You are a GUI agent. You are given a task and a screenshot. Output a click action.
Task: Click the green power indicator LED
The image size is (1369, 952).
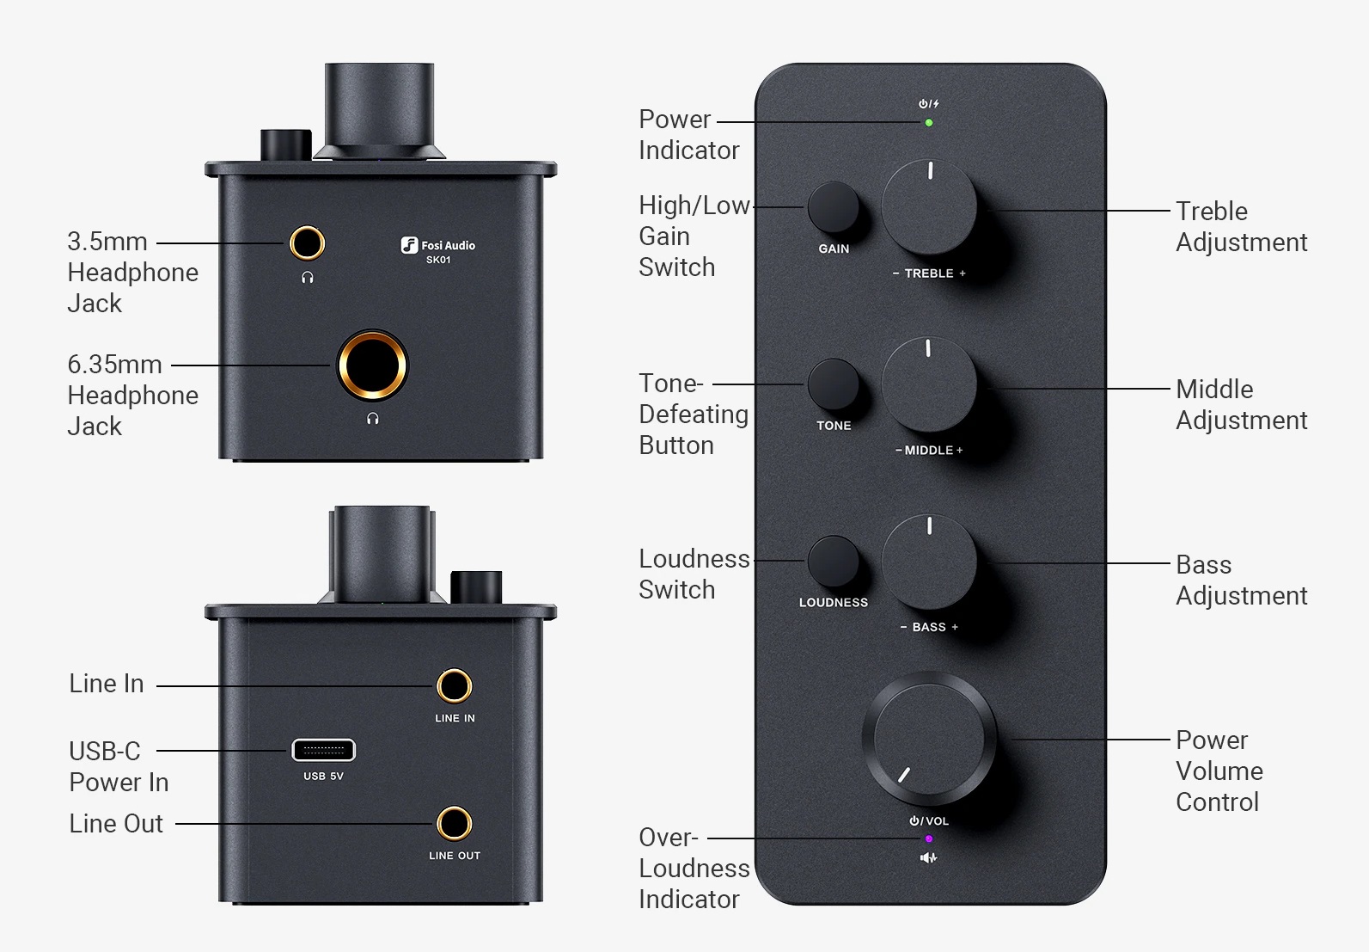pos(928,123)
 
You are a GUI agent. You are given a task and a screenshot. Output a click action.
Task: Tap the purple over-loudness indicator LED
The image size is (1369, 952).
pos(928,838)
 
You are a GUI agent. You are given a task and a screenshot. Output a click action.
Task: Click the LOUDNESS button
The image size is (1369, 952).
pos(833,562)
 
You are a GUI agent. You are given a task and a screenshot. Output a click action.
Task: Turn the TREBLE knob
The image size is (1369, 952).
pos(929,207)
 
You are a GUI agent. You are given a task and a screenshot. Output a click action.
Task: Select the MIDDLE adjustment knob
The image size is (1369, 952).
pos(929,384)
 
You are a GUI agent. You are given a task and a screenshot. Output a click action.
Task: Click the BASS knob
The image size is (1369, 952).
pos(929,562)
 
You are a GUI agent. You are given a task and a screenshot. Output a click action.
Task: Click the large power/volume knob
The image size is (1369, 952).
pos(929,740)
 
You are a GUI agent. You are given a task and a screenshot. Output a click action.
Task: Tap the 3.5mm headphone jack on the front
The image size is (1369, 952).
pos(307,243)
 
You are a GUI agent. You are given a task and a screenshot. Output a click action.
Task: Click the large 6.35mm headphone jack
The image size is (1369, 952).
pos(372,365)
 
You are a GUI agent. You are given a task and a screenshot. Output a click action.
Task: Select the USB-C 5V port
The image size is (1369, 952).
pos(323,750)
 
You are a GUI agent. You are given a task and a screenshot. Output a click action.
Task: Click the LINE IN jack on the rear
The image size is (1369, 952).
pos(454,686)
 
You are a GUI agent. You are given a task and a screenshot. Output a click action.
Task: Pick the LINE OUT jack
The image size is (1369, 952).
pos(454,824)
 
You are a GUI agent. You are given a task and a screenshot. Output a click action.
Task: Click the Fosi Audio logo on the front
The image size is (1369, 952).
pos(438,247)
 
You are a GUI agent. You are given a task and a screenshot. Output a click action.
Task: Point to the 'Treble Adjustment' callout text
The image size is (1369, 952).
pos(1240,227)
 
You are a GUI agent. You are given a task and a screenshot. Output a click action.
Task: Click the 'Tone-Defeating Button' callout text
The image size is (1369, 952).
pos(693,415)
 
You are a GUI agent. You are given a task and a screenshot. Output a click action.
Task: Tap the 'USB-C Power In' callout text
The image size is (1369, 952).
pos(119,766)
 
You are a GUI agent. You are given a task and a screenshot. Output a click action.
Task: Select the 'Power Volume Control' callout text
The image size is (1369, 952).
pos(1219,771)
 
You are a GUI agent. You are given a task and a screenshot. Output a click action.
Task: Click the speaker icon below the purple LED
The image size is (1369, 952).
pos(928,857)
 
